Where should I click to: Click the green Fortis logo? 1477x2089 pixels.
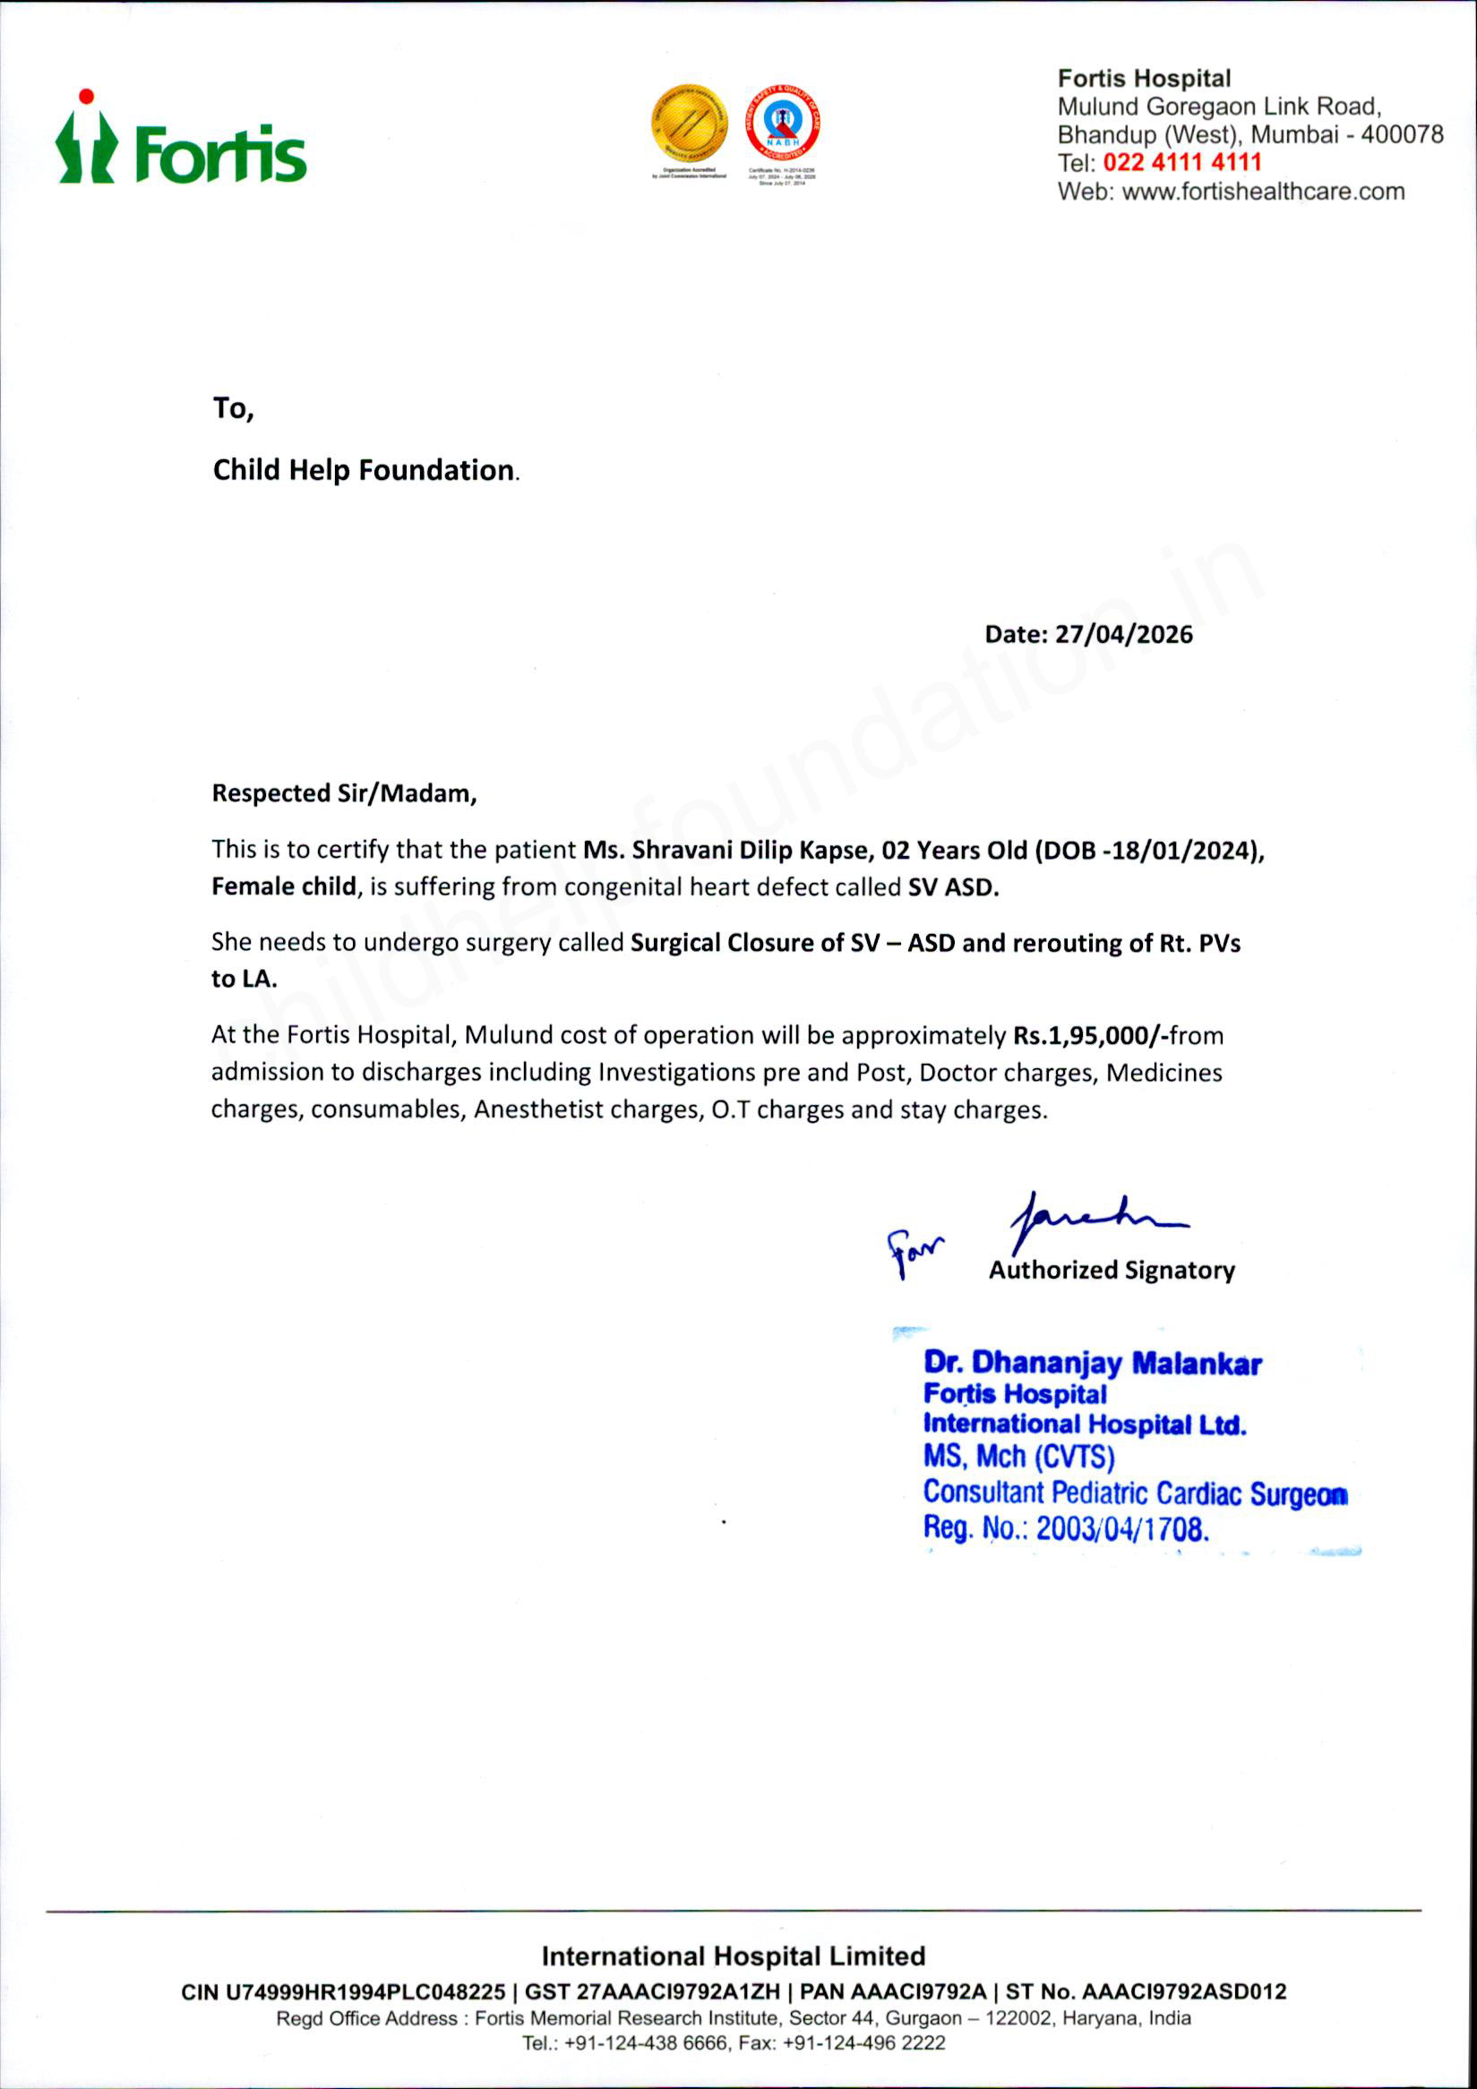coord(182,141)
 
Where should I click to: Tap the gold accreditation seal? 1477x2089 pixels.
coord(689,124)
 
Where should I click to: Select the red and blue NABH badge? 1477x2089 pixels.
coord(783,124)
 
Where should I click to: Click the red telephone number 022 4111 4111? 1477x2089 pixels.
coord(1182,163)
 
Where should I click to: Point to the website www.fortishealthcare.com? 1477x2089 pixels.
coord(1263,192)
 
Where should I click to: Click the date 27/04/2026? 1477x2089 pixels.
coord(1123,634)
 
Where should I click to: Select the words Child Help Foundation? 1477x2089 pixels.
coord(363,469)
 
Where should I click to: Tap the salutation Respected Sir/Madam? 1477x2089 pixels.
coord(344,793)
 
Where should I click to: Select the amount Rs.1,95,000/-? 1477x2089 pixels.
coord(1090,1035)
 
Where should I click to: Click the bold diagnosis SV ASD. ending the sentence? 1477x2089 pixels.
coord(953,887)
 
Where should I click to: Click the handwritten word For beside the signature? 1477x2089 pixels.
coord(915,1251)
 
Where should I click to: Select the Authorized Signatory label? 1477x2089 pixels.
coord(1112,1270)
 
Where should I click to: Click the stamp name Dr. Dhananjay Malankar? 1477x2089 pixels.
coord(1092,1363)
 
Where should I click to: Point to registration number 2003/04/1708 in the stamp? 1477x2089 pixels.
coord(1122,1528)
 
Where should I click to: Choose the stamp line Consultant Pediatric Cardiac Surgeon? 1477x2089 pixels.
coord(1135,1493)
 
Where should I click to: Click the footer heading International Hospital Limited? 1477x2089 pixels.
coord(733,1956)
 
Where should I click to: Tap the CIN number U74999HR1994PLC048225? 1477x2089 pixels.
coord(365,1991)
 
